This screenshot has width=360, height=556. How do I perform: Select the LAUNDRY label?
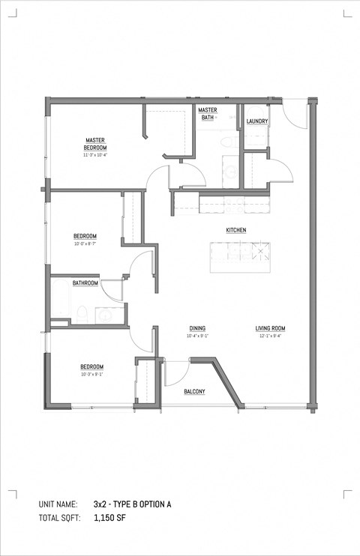point(257,121)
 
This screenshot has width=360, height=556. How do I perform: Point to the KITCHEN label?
point(236,230)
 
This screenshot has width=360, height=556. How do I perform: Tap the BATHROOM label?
point(85,283)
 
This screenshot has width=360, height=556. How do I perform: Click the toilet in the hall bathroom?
point(83,315)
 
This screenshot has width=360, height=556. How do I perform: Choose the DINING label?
point(197,328)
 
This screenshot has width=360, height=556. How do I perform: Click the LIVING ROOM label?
point(270,328)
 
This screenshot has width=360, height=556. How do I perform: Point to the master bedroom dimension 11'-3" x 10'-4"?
point(94,155)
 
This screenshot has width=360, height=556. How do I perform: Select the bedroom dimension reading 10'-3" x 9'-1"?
point(91,374)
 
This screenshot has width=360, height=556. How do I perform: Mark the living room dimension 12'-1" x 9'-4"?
point(270,336)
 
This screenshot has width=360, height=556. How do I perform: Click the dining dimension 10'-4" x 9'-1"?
point(197,336)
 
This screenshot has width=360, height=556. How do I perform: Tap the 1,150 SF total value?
point(109,518)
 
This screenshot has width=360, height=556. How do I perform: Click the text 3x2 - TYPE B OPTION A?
point(133,505)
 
